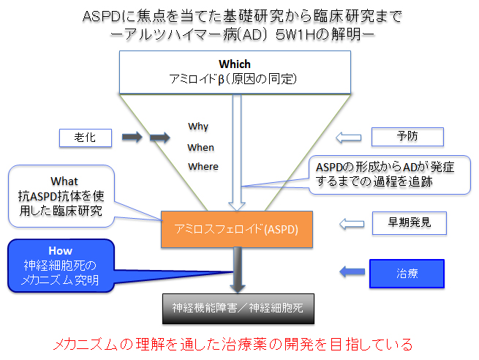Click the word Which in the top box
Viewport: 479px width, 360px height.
pos(235,64)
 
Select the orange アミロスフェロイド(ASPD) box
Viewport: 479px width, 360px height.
pos(237,229)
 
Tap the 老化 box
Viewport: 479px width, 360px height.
pos(86,138)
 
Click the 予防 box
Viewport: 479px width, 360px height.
pos(407,137)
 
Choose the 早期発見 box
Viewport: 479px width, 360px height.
pos(410,223)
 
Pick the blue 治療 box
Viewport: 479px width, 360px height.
pos(407,274)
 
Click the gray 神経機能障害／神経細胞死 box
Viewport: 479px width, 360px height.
pos(238,309)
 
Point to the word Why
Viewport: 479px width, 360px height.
pos(198,127)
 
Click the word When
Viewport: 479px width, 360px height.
pos(200,147)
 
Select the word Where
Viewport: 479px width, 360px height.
pos(203,167)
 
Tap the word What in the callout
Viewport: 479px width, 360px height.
pos(64,181)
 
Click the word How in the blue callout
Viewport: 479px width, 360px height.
pos(61,250)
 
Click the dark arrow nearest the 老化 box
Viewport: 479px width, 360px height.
pos(132,137)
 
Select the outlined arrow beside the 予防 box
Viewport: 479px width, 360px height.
pos(349,138)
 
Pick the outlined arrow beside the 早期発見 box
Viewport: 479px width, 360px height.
pos(352,224)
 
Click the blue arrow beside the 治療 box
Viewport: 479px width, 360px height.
pos(352,271)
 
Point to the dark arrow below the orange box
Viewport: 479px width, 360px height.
pos(238,270)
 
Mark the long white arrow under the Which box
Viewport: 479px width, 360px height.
pos(237,153)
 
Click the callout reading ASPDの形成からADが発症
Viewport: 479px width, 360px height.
pos(389,175)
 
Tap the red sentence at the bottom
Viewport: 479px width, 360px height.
pos(233,345)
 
